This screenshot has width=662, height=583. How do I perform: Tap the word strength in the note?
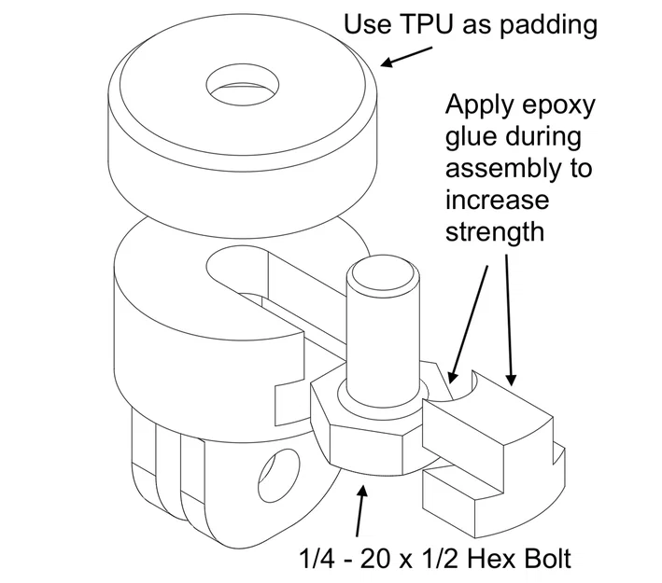click(x=494, y=231)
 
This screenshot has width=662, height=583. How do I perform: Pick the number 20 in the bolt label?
click(x=373, y=559)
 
